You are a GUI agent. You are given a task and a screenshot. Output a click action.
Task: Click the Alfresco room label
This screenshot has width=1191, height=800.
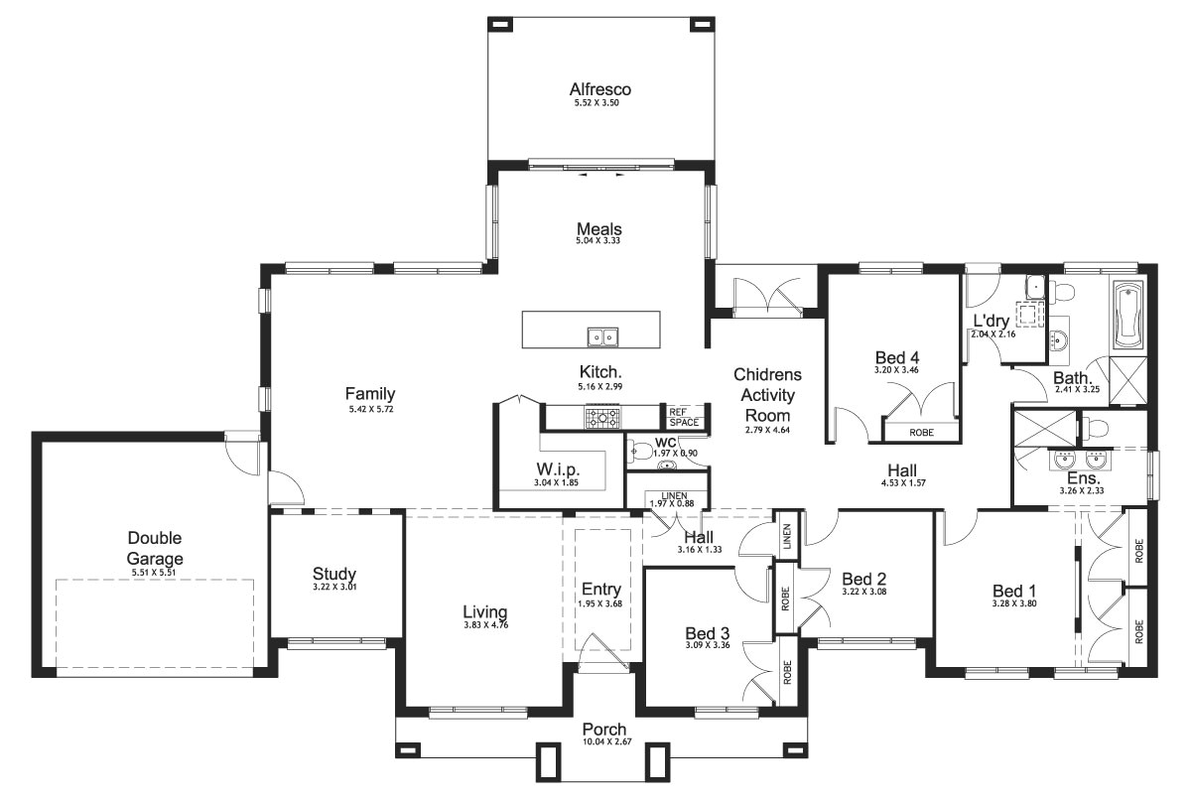(x=599, y=89)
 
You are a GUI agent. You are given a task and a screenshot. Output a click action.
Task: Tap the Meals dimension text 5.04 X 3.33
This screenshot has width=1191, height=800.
(x=599, y=241)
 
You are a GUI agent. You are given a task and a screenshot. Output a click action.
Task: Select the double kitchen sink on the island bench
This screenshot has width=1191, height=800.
(x=600, y=337)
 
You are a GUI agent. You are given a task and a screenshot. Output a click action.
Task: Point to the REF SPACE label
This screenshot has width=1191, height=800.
(x=683, y=418)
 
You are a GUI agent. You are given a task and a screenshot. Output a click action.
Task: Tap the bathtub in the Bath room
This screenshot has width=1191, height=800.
(x=1128, y=316)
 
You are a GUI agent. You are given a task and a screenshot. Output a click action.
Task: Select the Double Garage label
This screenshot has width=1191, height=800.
(x=155, y=548)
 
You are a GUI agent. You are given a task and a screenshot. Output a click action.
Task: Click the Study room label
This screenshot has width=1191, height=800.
(x=333, y=574)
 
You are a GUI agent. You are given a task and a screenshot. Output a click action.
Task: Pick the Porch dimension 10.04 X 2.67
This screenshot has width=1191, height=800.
(x=604, y=741)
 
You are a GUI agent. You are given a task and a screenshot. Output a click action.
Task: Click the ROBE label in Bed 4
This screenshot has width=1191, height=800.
(x=920, y=433)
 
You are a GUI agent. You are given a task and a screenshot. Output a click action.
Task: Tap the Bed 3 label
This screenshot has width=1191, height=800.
(x=708, y=632)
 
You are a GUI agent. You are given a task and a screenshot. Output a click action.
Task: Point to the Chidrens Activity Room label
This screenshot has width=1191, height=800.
(x=767, y=395)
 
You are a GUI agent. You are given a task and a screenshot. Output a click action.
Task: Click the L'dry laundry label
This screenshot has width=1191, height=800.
(x=991, y=322)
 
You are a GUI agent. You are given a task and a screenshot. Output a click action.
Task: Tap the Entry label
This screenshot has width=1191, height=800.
(x=600, y=589)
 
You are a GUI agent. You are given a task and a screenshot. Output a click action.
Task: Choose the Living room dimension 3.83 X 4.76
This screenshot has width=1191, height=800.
(x=485, y=625)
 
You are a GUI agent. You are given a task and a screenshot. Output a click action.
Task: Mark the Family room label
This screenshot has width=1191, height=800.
(x=370, y=394)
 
